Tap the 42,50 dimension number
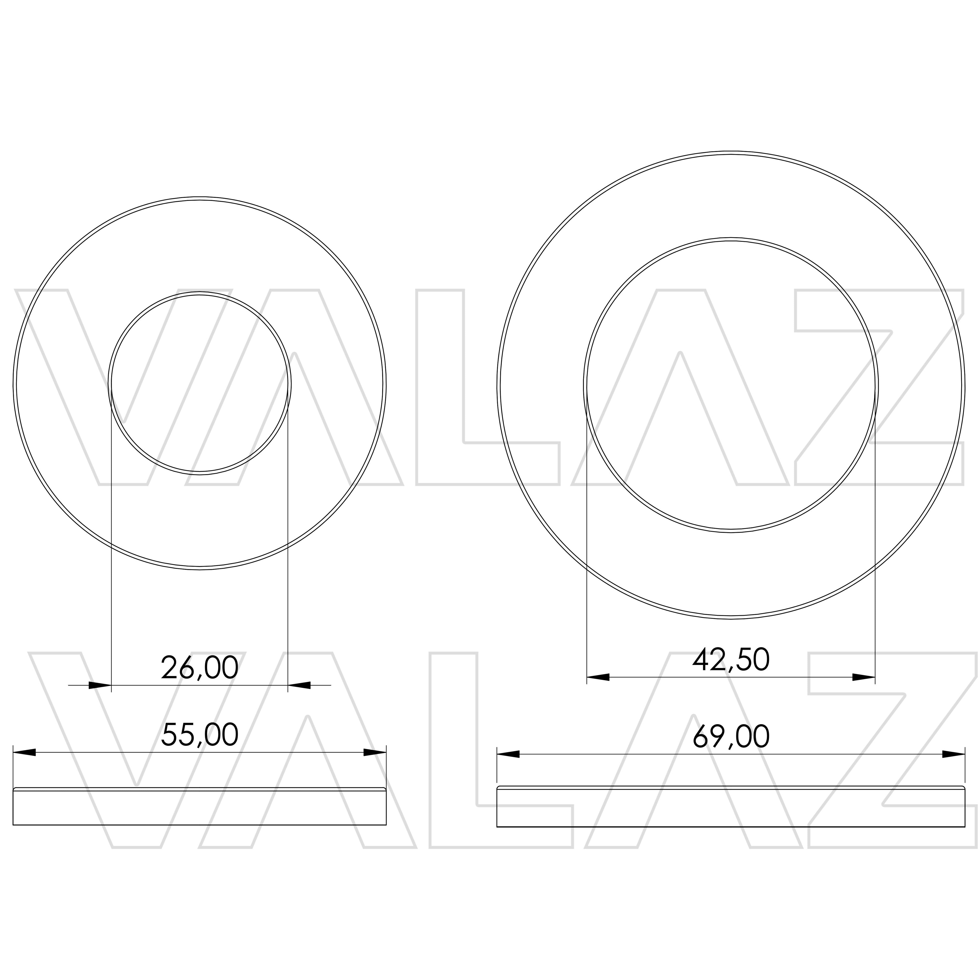pos(731,659)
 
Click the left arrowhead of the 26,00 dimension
pos(100,686)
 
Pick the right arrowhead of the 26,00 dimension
pos(299,686)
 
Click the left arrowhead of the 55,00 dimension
pos(24,752)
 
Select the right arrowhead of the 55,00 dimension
pos(375,752)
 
